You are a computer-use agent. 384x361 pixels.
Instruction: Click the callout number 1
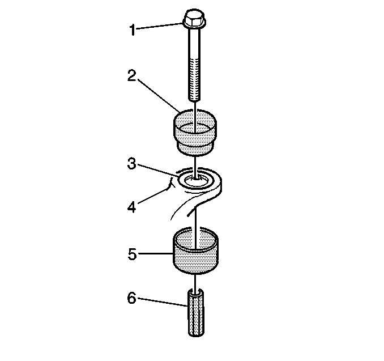[x=132, y=30]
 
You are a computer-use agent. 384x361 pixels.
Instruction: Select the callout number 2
[x=131, y=75]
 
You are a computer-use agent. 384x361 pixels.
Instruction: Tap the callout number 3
[x=132, y=163]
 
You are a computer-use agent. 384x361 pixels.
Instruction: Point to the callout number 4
[x=132, y=207]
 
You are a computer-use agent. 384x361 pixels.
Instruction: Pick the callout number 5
[x=132, y=254]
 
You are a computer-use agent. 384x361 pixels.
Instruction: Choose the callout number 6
[x=131, y=298]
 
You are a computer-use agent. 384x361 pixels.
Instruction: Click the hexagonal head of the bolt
[x=194, y=18]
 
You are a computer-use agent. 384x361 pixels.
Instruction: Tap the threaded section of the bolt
[x=194, y=80]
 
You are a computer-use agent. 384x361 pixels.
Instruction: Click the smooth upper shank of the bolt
[x=194, y=43]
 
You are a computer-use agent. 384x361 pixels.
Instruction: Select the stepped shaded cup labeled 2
[x=195, y=133]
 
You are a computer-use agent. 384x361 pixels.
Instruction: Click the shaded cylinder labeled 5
[x=195, y=251]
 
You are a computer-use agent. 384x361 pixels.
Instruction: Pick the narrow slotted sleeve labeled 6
[x=196, y=312]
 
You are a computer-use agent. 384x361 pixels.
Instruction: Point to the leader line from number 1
[x=159, y=26]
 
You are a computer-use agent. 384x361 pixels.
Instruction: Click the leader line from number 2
[x=159, y=95]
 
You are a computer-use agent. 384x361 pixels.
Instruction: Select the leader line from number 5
[x=155, y=254]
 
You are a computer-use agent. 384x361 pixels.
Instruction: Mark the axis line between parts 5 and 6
[x=195, y=282]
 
